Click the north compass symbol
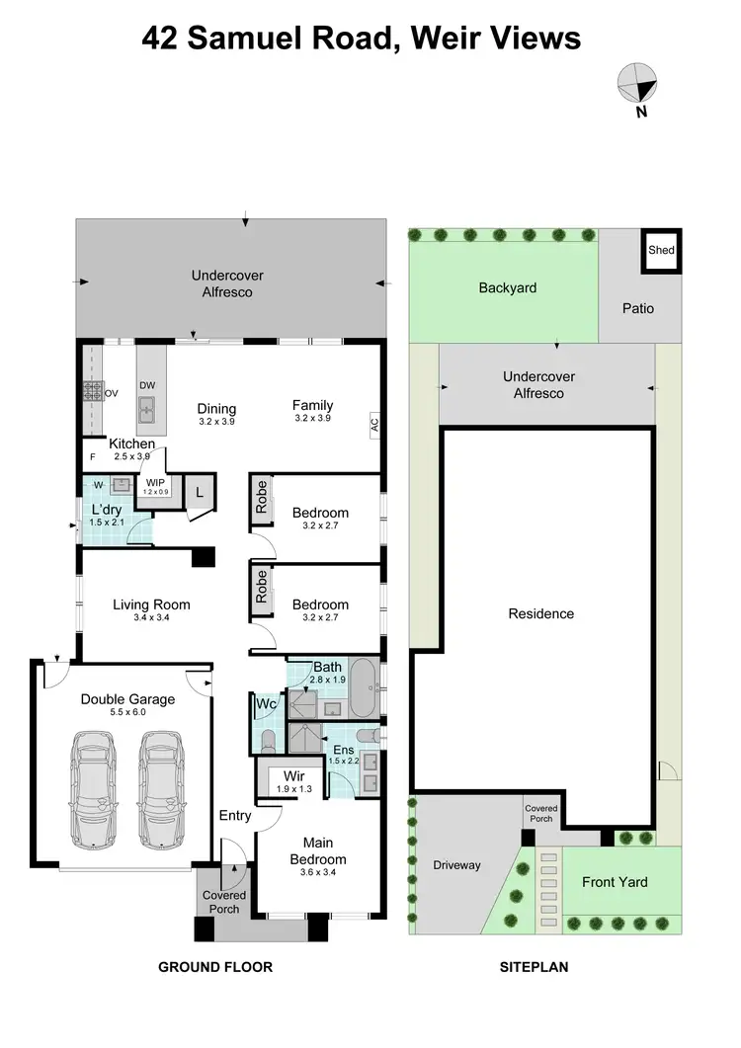coord(636,85)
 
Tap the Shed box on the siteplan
coord(661,250)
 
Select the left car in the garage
coord(92,790)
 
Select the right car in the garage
coord(161,790)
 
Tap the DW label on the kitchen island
coord(146,386)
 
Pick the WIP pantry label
coord(155,485)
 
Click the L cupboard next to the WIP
coord(199,491)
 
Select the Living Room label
coord(151,605)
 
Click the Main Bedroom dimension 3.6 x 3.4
coord(317,873)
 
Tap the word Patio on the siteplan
coord(637,308)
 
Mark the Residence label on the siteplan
coord(540,613)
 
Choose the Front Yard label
coord(615,882)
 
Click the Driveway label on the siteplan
coord(456,865)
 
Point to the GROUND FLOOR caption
coord(215,967)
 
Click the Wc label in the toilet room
coord(265,704)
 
